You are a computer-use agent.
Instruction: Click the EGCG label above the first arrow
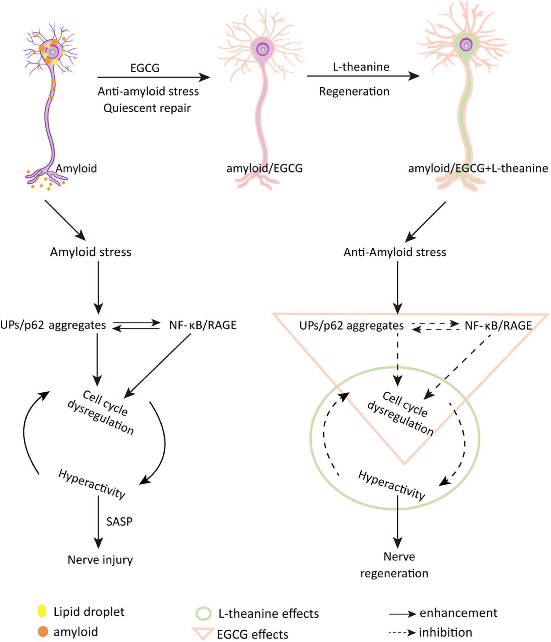tap(145, 68)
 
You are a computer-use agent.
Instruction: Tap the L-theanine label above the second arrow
tap(361, 67)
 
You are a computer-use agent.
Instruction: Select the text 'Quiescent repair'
tap(147, 108)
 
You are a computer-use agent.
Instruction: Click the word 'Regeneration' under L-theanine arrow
tap(354, 91)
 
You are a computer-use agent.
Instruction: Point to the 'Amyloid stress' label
tap(90, 252)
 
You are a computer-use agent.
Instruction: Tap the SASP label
tap(119, 521)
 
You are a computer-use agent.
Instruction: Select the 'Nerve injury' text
tap(100, 559)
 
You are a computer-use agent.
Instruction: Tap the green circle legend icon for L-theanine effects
tap(203, 613)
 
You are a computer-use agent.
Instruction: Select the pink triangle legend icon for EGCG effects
tap(203, 633)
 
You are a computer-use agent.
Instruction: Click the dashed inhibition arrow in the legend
tap(402, 633)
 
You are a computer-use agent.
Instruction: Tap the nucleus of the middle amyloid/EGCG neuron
tap(263, 49)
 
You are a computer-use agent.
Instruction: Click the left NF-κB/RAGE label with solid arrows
tap(203, 325)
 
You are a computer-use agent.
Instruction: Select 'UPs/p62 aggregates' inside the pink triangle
tap(351, 325)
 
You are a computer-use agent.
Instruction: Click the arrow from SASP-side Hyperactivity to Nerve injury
tap(98, 521)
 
